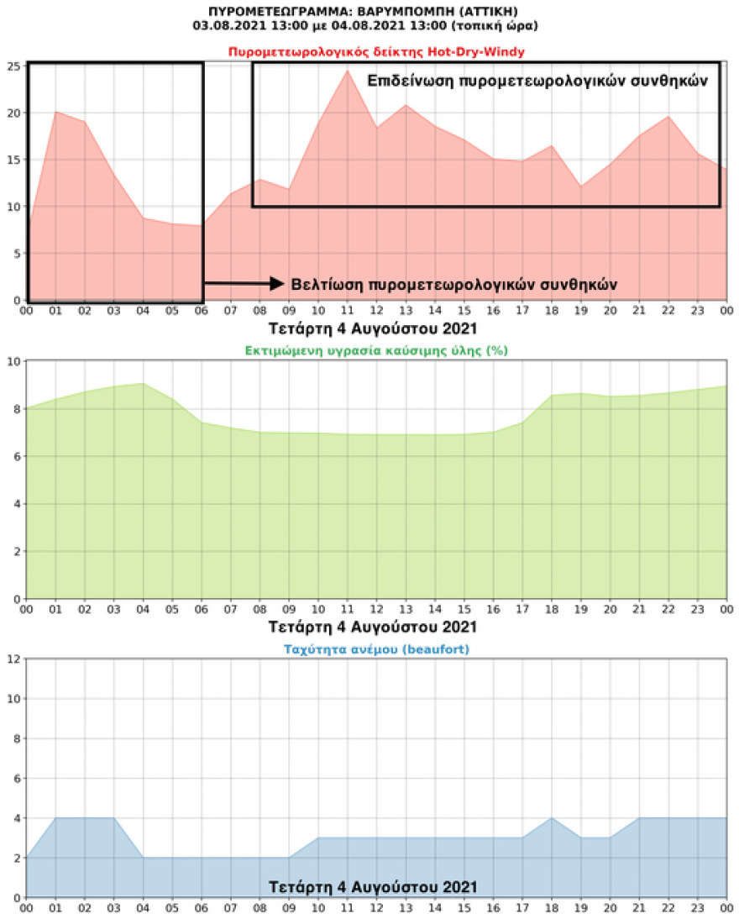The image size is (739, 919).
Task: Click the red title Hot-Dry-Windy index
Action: click(376, 52)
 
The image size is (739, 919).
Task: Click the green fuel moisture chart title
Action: click(376, 350)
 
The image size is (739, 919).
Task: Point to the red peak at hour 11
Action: click(347, 71)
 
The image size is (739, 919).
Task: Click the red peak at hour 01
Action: click(55, 112)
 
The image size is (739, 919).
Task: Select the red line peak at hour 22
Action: click(668, 116)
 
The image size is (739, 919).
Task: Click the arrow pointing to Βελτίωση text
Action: click(244, 284)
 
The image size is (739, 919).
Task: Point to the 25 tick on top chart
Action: click(14, 66)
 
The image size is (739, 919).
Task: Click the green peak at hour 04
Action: click(143, 383)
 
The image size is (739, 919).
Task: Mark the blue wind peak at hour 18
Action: click(551, 817)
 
